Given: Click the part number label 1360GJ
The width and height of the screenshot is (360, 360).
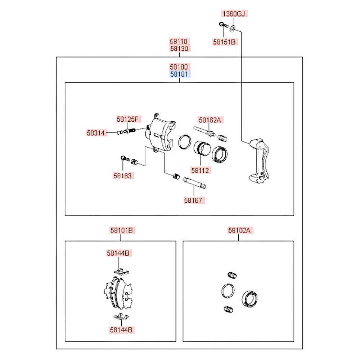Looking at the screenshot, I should (234, 14).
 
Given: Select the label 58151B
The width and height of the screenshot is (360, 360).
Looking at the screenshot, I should (224, 42).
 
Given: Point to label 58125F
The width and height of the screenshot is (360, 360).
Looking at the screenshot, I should (129, 119).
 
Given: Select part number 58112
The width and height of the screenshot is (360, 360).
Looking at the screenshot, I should (201, 170).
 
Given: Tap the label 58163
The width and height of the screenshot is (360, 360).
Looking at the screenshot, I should (123, 176).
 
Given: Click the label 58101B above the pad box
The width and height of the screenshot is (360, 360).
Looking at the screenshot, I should (123, 230).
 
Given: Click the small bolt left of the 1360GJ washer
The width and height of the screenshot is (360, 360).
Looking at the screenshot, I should (222, 25).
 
